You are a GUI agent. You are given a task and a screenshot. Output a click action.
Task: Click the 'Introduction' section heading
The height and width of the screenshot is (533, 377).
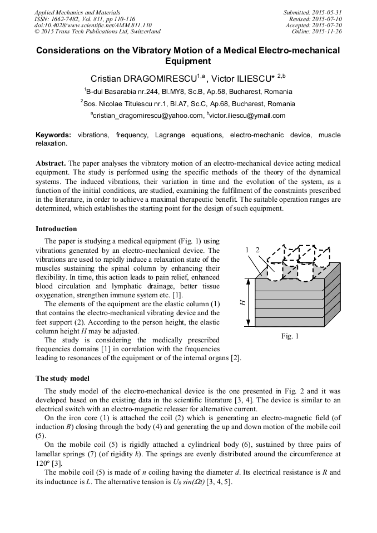click(56, 229)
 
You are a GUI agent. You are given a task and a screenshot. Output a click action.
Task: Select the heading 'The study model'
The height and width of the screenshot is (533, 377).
click(62, 378)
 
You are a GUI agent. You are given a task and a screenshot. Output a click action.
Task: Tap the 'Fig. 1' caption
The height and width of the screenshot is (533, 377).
click(290, 336)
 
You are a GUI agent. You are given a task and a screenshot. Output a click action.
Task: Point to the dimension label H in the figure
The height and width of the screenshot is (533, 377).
click(243, 302)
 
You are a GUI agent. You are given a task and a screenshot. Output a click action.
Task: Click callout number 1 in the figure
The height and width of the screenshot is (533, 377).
click(247, 251)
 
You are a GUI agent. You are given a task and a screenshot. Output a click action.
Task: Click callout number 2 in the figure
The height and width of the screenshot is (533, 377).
click(257, 251)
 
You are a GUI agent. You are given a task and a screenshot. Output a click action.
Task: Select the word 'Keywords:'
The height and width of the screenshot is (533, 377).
click(53, 135)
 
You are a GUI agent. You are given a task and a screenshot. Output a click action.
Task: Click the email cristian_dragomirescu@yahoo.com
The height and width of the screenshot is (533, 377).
click(147, 116)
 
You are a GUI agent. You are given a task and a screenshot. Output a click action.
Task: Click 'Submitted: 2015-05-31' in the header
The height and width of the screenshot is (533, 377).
click(312, 12)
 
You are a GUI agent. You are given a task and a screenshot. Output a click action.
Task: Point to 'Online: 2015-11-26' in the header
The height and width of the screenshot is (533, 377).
click(317, 31)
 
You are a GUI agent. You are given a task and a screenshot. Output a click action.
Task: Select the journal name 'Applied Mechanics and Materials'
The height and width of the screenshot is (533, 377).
click(77, 12)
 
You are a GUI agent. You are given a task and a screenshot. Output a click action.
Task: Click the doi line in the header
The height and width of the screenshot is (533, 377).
click(93, 25)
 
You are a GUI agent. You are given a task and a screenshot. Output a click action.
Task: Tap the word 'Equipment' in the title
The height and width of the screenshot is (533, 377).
click(188, 61)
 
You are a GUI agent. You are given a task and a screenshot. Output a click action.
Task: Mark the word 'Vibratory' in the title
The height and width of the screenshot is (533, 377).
click(153, 51)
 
